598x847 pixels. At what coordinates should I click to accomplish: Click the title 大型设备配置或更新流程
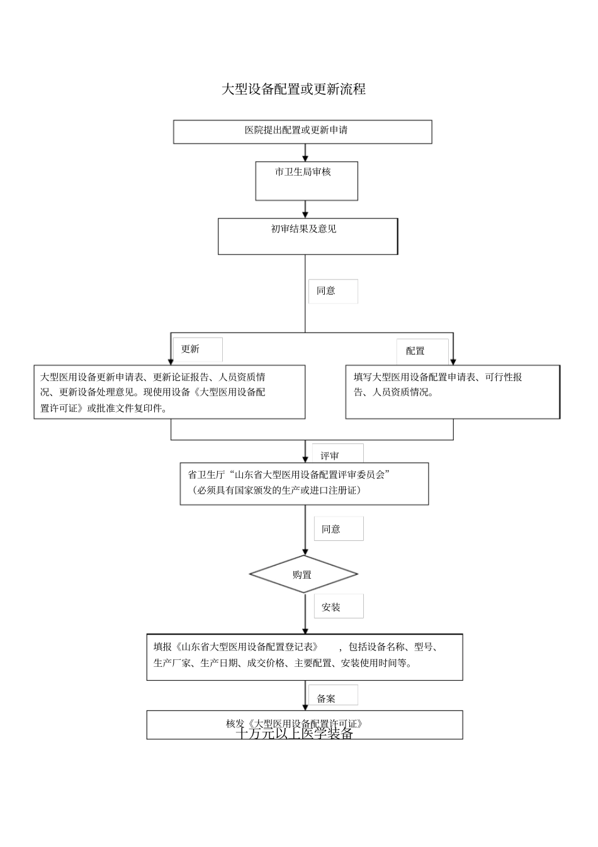pos(293,89)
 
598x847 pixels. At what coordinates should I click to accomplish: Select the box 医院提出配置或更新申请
pos(302,132)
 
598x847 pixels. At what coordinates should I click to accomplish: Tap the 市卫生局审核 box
pos(306,181)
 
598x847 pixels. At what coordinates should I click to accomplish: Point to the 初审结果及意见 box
pos(307,236)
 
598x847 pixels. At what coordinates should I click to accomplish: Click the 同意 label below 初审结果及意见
pos(326,291)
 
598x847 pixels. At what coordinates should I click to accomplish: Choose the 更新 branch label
pos(190,349)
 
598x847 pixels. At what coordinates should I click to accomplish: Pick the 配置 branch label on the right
pos(415,351)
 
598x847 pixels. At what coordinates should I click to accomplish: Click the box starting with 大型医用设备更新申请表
pos(169,392)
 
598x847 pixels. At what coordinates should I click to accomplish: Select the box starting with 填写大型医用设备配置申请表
pos(452,391)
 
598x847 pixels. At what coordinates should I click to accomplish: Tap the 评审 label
pos(330,455)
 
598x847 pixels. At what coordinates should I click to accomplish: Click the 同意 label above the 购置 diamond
pos(331,529)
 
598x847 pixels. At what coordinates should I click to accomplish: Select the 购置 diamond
pos(303,574)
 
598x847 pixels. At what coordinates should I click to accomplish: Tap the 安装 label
pos(331,607)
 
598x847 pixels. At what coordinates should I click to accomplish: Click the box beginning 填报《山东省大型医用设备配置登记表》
pos(305,657)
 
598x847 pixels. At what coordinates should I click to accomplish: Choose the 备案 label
pos(326,698)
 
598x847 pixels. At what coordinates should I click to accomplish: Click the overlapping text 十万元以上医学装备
pos(295,734)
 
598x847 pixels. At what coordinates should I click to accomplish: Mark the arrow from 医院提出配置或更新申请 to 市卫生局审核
pos(305,152)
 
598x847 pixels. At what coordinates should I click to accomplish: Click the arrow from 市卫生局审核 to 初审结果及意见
pos(305,209)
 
